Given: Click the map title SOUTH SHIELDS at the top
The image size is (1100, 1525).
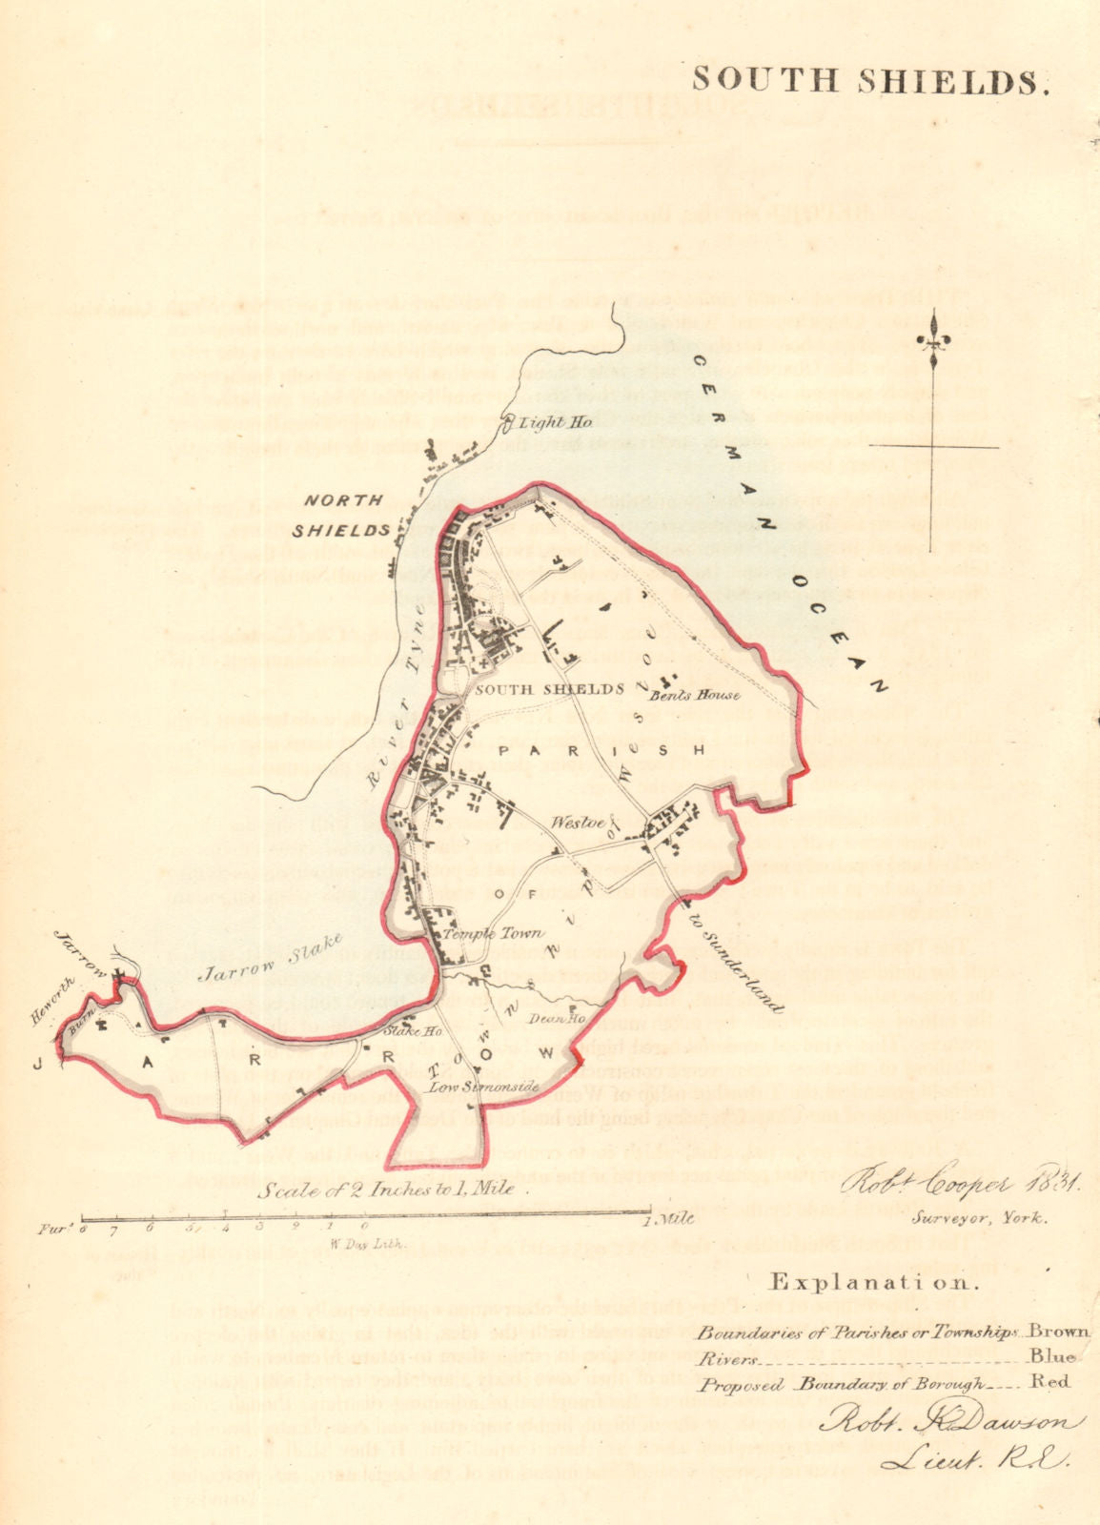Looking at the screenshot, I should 870,81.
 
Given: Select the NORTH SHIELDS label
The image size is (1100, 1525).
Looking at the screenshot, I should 344,515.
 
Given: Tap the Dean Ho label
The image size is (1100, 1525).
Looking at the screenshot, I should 549,1018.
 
